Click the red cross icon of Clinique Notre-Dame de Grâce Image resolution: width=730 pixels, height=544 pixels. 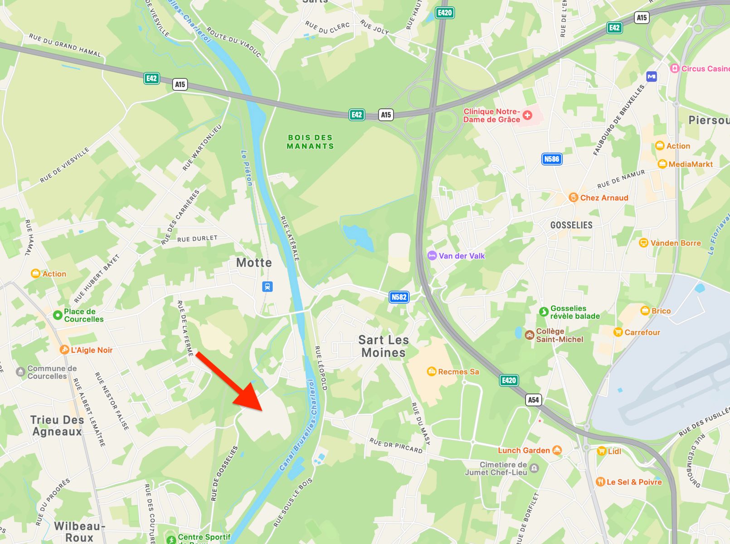coord(527,115)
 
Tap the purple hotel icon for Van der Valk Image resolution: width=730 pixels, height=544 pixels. coord(432,256)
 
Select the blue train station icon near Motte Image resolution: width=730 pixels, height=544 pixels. coord(268,287)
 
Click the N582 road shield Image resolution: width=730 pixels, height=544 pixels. coord(399,297)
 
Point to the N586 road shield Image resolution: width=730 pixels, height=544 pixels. coord(551,159)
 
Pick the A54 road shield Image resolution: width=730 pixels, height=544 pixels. coord(533,399)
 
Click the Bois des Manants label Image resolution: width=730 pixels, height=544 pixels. coord(311,142)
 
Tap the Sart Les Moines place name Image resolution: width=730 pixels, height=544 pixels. coord(384,346)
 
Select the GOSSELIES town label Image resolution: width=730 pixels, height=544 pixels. coord(571,225)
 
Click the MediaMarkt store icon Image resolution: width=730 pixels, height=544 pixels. coord(662,164)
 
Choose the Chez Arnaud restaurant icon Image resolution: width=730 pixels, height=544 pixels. coord(574,198)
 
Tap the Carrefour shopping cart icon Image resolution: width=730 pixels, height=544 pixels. coord(618,332)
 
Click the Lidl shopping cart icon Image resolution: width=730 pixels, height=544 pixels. coord(601,451)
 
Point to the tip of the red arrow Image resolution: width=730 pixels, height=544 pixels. coord(263,411)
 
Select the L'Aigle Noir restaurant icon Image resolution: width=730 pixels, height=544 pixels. coord(64,350)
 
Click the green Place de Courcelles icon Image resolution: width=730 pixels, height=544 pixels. coord(58,315)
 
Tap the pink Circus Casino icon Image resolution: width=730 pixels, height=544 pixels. coord(675,68)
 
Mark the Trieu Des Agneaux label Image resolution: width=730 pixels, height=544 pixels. coord(57,426)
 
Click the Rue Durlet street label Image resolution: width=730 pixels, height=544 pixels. coord(197,238)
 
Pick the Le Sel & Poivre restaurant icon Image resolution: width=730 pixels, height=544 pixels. coord(600,482)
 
